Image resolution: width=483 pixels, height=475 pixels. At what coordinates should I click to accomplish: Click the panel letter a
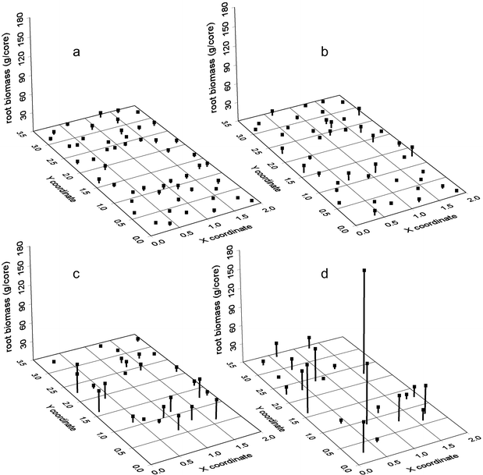click(x=76, y=52)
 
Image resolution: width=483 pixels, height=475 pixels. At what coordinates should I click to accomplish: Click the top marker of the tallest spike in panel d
click(x=364, y=270)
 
